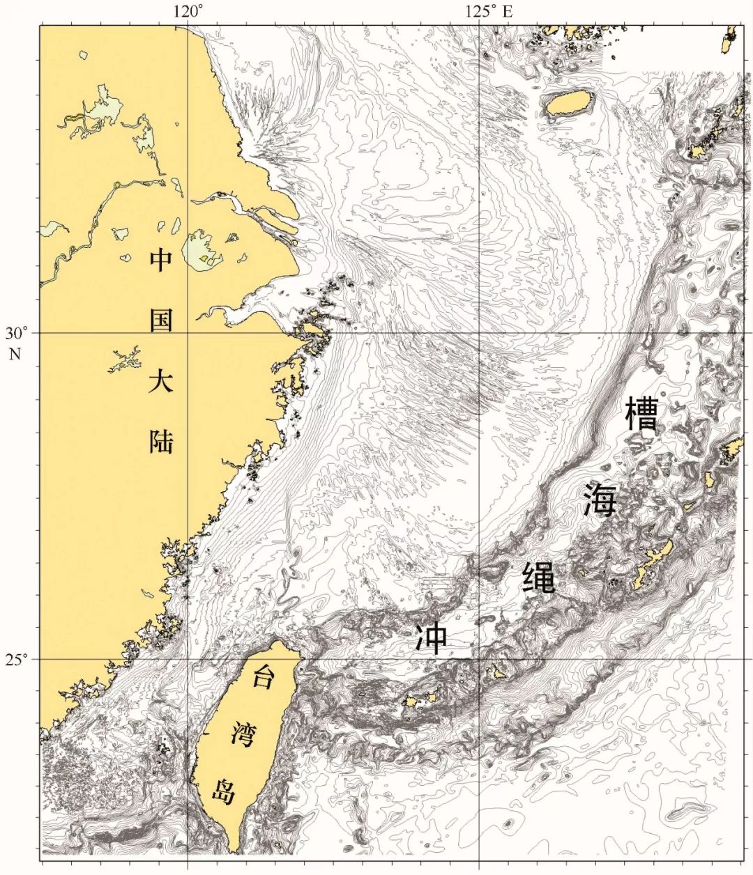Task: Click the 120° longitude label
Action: [x=188, y=11]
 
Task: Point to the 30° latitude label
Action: [x=16, y=333]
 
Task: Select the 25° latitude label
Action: [x=16, y=659]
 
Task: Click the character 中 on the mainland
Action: [x=161, y=261]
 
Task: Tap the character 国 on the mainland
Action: [x=161, y=323]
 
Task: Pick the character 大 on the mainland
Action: [x=161, y=383]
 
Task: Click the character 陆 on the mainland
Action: [x=161, y=441]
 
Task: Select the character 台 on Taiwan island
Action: [x=263, y=676]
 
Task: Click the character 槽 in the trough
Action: [x=642, y=416]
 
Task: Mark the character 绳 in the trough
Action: [x=539, y=576]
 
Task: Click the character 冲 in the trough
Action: [x=432, y=637]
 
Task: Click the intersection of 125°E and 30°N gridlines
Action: [x=479, y=333]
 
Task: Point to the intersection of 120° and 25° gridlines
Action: [x=188, y=659]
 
